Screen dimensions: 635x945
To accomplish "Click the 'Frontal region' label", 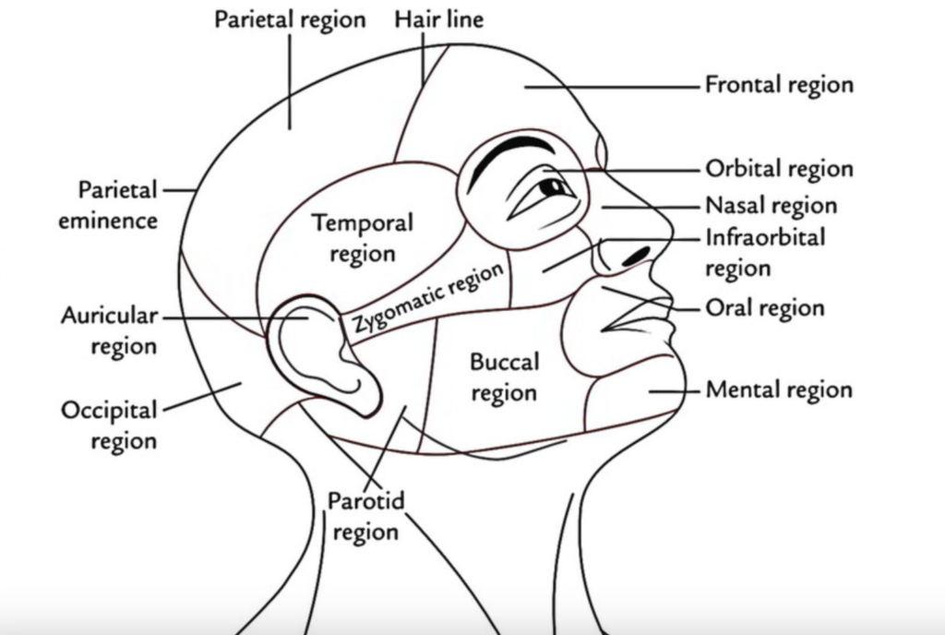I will [x=779, y=85].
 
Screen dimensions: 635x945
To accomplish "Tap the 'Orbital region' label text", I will [x=779, y=170].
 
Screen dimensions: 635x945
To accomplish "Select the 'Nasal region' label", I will [x=771, y=205].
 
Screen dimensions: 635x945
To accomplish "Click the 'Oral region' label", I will [x=764, y=306].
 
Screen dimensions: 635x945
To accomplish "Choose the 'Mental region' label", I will [x=779, y=389].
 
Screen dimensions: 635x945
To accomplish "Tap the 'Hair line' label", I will [x=439, y=18].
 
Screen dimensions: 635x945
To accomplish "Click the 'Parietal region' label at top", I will [x=290, y=18].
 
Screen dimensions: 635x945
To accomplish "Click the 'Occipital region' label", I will [x=109, y=425].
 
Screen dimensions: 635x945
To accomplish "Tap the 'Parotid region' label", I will [x=365, y=517].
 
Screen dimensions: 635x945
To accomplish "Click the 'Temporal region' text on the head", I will [x=362, y=237].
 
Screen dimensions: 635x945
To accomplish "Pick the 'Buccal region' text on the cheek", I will [x=504, y=377].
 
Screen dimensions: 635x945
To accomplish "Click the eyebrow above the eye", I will [x=512, y=153].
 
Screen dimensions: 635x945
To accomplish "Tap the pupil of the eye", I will [x=555, y=187].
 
